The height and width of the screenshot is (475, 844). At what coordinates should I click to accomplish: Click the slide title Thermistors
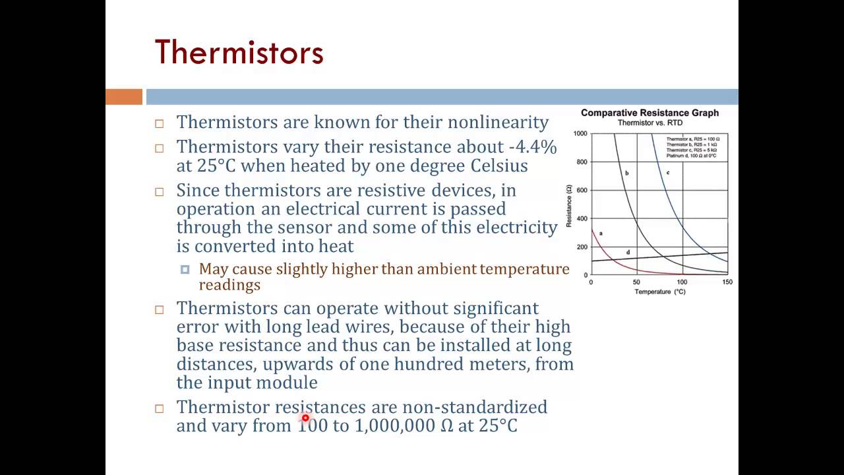(x=239, y=52)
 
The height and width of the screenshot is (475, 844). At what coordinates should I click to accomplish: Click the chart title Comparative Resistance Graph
(x=649, y=113)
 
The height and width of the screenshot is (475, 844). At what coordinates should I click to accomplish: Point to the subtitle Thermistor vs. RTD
(x=649, y=123)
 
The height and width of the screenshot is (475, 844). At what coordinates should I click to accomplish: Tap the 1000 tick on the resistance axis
(x=580, y=133)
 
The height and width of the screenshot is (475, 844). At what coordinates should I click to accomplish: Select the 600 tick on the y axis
(x=582, y=190)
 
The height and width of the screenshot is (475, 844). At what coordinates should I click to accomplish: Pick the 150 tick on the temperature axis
(x=727, y=282)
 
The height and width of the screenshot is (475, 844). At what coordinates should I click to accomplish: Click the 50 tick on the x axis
(x=636, y=282)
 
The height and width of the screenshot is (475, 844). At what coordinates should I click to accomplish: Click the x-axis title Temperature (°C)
(x=659, y=292)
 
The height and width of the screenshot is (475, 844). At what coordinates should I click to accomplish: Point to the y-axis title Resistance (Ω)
(x=569, y=206)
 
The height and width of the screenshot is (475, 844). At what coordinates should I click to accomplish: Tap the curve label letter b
(x=626, y=174)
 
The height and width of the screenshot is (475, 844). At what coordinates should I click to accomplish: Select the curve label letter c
(x=668, y=173)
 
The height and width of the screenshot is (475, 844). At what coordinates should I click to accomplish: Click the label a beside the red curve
(x=601, y=234)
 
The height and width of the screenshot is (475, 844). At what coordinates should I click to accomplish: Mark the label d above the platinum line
(x=628, y=253)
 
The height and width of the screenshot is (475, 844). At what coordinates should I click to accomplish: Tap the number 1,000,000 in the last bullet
(x=394, y=426)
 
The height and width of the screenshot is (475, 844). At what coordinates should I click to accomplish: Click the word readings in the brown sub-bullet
(x=229, y=285)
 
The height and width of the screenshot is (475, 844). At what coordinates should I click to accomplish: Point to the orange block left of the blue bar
(x=124, y=97)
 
